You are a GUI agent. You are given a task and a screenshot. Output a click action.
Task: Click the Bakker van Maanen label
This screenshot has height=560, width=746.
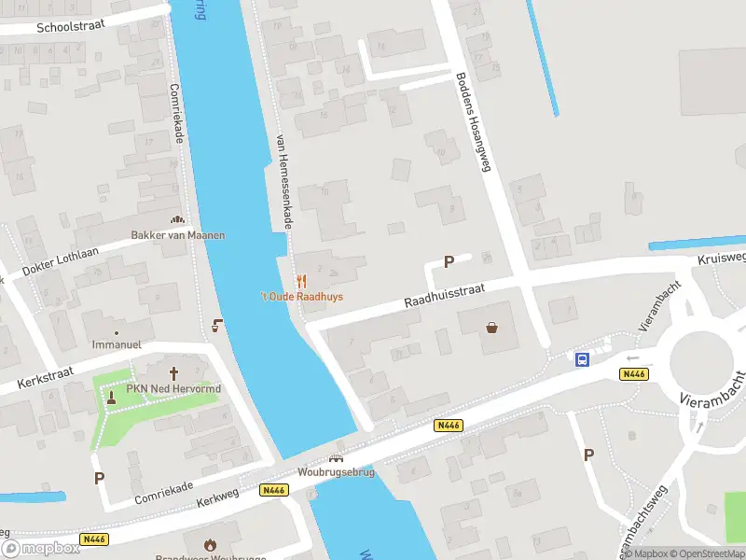(x=177, y=235)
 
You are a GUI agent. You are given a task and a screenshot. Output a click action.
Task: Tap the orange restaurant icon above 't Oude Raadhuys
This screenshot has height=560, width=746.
(x=301, y=281)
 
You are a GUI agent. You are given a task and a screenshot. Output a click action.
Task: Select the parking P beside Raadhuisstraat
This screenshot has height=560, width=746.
(x=449, y=262)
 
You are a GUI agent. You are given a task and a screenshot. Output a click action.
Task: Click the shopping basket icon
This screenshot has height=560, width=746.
(x=491, y=328)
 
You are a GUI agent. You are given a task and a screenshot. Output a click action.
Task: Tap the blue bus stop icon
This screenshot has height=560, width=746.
(x=582, y=359)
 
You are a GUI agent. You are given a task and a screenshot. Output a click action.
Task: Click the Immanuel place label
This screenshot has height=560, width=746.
(x=117, y=344)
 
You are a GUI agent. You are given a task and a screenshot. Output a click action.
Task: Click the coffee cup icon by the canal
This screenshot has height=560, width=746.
(x=217, y=325)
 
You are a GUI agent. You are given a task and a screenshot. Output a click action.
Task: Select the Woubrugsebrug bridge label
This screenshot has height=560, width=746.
(x=336, y=472)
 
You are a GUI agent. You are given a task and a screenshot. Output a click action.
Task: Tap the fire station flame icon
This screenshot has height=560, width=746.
(x=211, y=543)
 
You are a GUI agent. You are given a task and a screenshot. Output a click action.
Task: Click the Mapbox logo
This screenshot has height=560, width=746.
(x=41, y=548)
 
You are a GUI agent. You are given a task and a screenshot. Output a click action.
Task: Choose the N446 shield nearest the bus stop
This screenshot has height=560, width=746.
(x=633, y=374)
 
